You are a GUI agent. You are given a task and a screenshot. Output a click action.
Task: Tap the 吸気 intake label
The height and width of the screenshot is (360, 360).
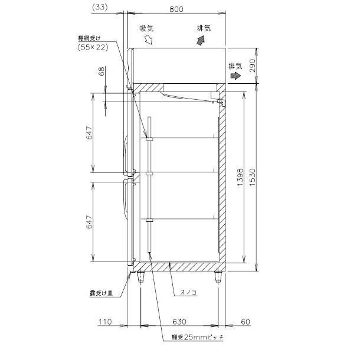tap(146, 27)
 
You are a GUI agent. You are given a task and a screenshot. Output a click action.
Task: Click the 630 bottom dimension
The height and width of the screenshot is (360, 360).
tap(180, 322)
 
